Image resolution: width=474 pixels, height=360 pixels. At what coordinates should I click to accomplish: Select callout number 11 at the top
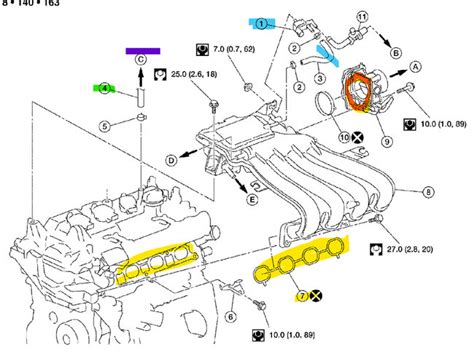coord(390,16)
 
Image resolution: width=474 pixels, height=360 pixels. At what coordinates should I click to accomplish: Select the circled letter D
coord(171,160)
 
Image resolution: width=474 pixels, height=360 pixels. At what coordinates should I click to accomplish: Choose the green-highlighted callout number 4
coord(103,89)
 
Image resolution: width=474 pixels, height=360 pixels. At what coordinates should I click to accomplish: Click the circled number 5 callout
coord(103,127)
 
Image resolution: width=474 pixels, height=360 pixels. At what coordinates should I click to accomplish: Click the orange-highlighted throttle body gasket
coord(354,89)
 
